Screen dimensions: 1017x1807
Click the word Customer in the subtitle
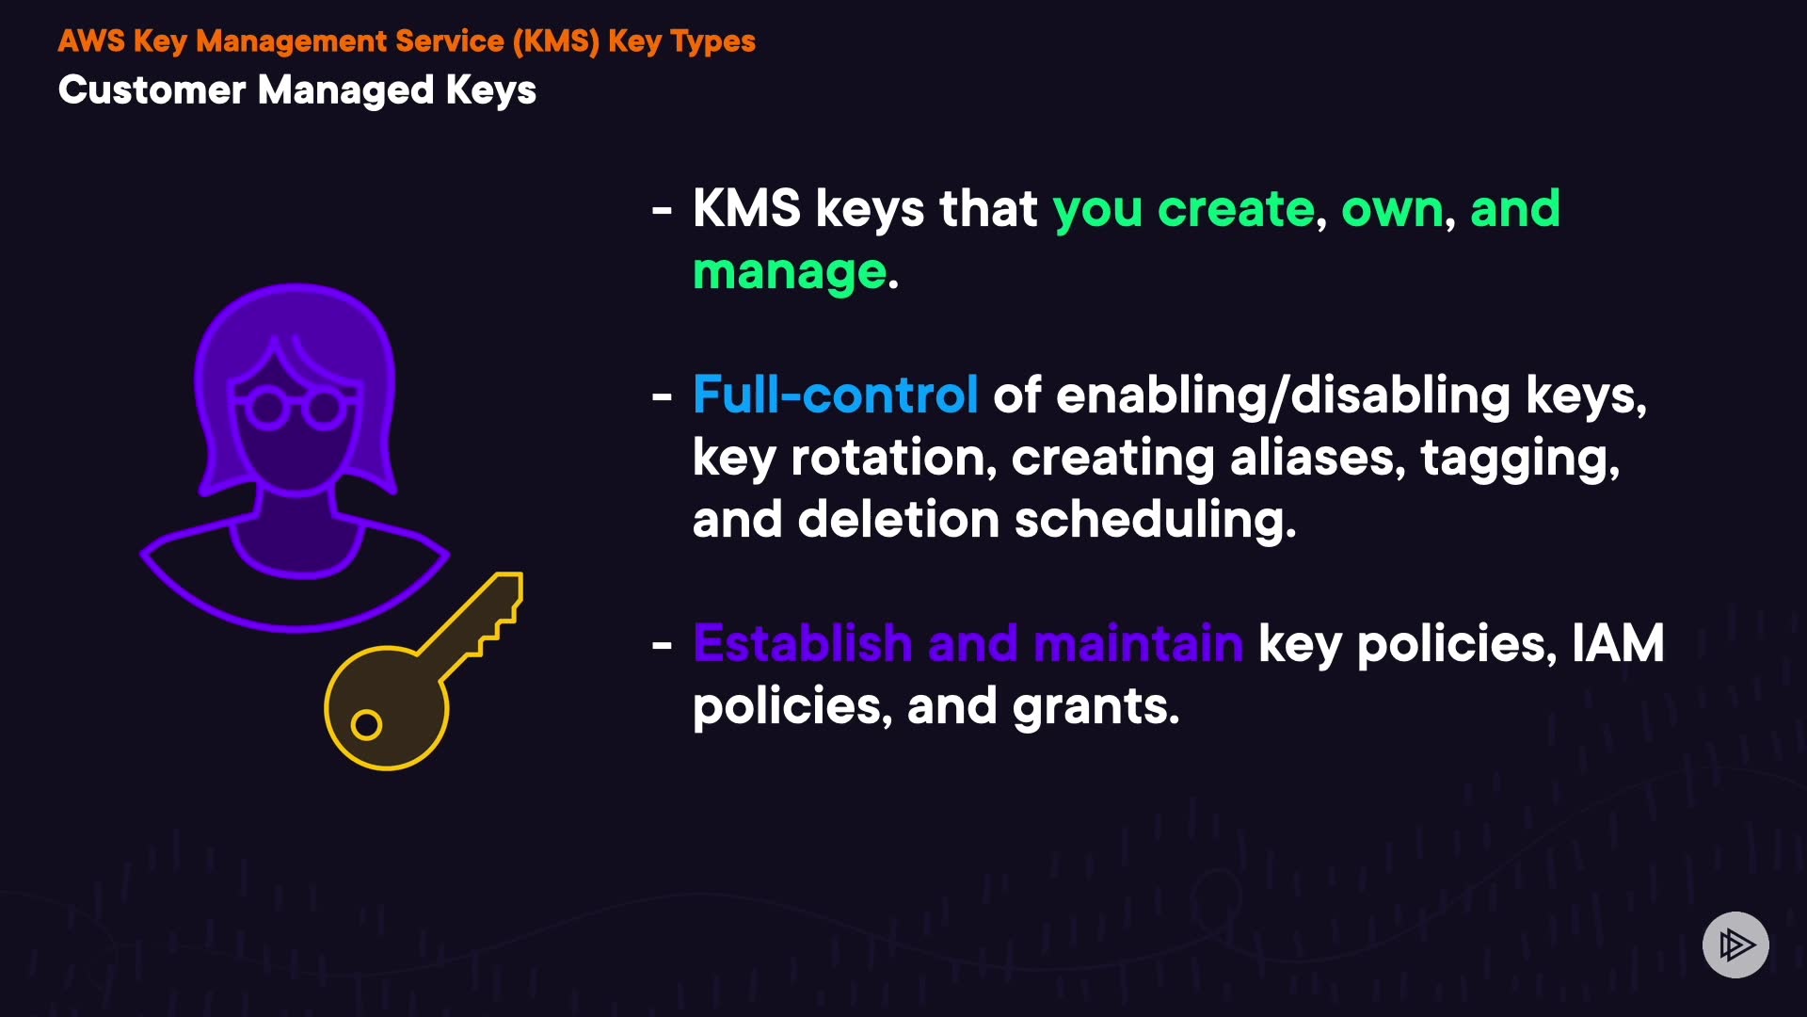pos(152,90)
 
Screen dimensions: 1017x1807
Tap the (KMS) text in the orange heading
pos(555,41)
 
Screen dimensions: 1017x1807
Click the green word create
pos(1235,208)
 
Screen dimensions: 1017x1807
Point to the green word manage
pos(790,272)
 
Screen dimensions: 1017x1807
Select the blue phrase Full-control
pos(835,395)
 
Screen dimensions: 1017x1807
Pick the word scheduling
pos(1154,520)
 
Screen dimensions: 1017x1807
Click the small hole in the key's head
pos(366,725)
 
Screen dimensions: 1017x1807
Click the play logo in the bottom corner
pos(1735,944)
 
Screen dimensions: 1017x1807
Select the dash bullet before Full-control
pos(662,396)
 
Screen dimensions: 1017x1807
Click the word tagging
pos(1519,460)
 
